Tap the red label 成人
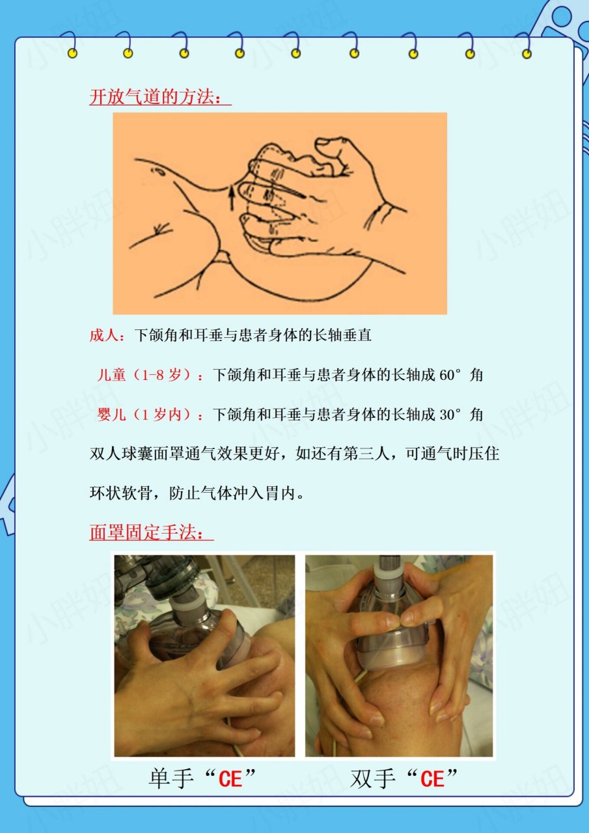(104, 336)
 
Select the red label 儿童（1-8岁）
(150, 376)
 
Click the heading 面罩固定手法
(151, 533)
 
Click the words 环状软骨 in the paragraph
(118, 493)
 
